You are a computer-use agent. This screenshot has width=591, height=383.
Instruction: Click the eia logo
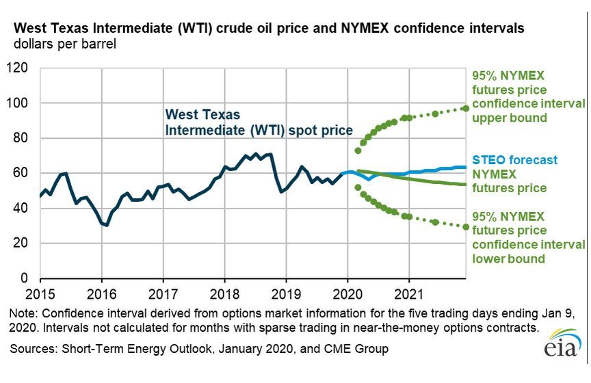[x=562, y=349]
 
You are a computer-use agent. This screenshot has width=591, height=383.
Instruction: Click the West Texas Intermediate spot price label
[x=259, y=122]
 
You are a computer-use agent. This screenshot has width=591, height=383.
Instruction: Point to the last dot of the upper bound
[x=466, y=108]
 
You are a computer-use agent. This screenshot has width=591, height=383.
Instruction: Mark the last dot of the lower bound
[x=466, y=226]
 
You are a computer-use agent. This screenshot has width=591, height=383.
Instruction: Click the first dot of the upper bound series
[x=358, y=150]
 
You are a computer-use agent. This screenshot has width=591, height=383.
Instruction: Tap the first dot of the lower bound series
[x=358, y=187]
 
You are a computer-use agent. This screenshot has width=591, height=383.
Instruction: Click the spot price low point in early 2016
[x=107, y=225]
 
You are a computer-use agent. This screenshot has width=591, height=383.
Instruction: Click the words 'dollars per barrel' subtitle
[x=61, y=45]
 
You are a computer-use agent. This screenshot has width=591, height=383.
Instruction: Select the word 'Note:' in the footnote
[x=24, y=314]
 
